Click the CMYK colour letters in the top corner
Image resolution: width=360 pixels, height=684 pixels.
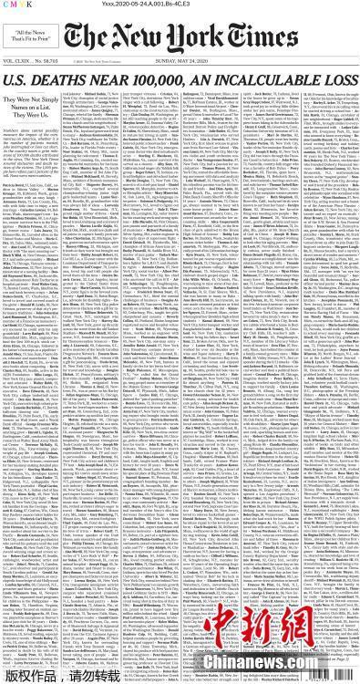tap(20, 5)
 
